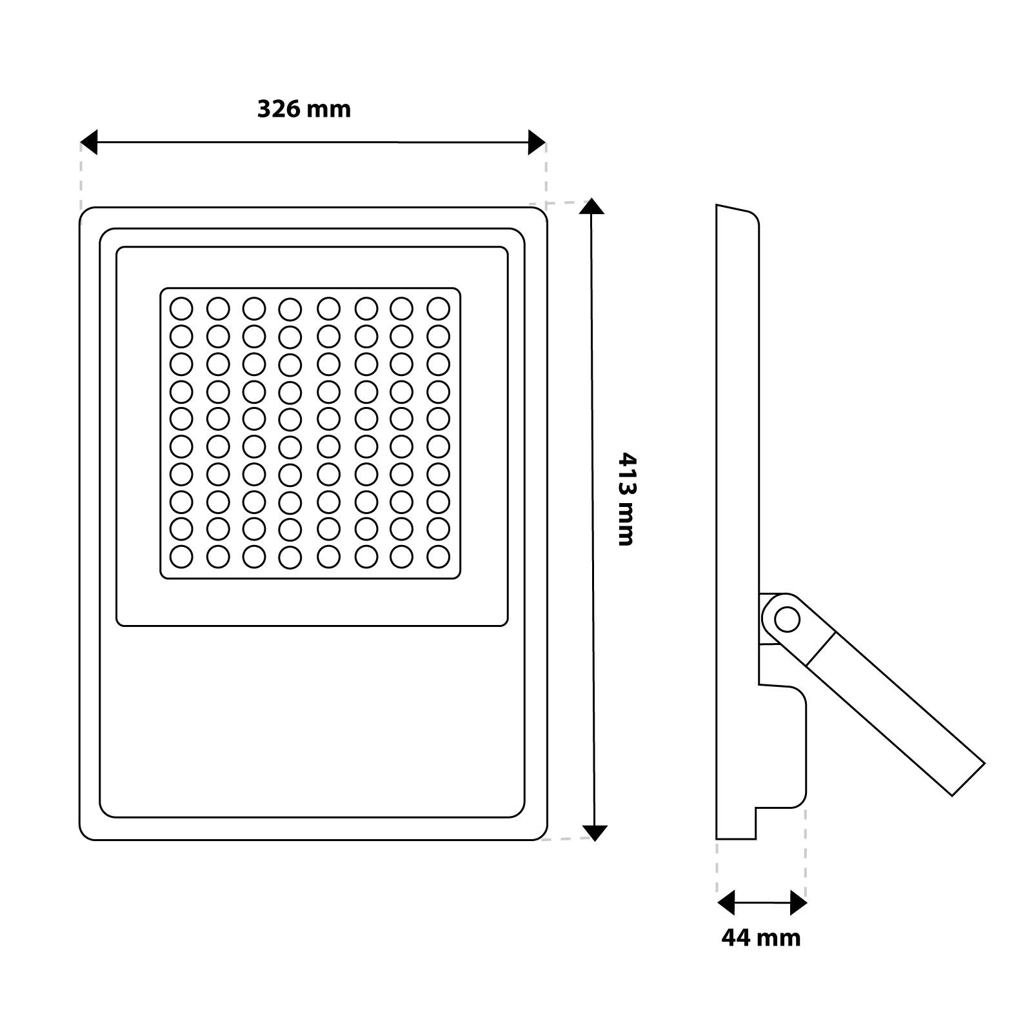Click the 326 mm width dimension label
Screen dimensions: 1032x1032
click(x=304, y=109)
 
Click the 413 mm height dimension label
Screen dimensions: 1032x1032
click(x=626, y=499)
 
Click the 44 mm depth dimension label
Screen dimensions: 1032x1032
click(x=761, y=937)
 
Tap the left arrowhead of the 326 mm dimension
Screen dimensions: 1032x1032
click(x=88, y=142)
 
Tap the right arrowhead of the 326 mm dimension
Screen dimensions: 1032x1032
click(x=537, y=142)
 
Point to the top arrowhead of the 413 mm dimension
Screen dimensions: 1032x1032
click(x=592, y=206)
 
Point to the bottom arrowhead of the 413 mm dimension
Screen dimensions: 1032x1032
click(x=595, y=833)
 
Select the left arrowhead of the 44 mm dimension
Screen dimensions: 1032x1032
click(x=726, y=903)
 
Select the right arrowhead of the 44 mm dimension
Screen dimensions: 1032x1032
click(x=799, y=903)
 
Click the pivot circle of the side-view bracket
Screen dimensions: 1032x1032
click(x=787, y=620)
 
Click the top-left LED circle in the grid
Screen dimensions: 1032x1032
click(x=181, y=308)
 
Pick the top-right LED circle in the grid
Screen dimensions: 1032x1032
click(x=439, y=308)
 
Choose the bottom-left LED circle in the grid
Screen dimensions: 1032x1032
click(x=181, y=556)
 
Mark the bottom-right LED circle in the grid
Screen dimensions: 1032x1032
click(x=439, y=556)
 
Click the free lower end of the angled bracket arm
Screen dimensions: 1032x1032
click(x=968, y=780)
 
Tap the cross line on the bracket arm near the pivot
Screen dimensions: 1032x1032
click(x=820, y=648)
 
